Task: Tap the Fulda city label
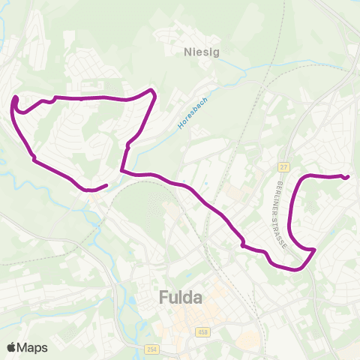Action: tap(181, 298)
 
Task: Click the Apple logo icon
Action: tap(11, 347)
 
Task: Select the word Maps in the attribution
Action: tap(32, 347)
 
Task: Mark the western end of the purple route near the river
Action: tap(107, 185)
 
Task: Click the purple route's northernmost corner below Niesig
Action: tap(154, 91)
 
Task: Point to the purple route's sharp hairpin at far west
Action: tap(15, 98)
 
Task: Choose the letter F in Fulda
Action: tap(164, 298)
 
